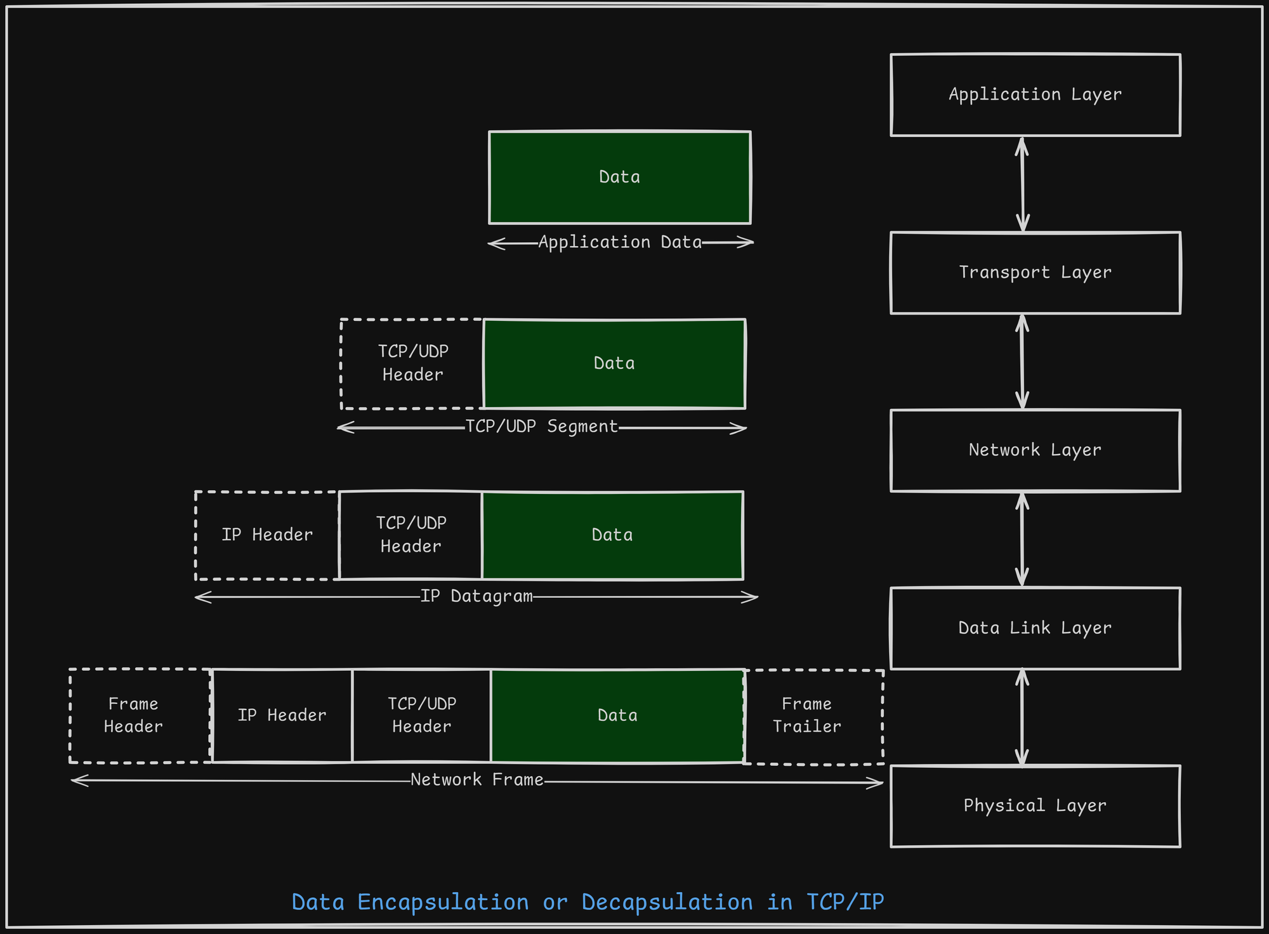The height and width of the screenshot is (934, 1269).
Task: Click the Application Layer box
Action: [x=1035, y=95]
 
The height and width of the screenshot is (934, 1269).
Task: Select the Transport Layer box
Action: [x=1035, y=273]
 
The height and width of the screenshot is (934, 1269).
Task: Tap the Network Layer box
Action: [x=1035, y=450]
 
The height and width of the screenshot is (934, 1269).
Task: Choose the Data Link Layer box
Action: [x=1035, y=628]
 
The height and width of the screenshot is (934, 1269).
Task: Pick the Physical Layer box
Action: [x=1035, y=806]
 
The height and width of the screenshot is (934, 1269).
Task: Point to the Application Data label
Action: [x=620, y=242]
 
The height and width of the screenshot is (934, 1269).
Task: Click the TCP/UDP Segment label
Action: [x=541, y=427]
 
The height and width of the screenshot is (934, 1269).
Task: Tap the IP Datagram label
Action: [x=476, y=597]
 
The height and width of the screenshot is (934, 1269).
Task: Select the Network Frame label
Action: [x=477, y=780]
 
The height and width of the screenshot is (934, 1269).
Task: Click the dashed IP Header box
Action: [x=266, y=535]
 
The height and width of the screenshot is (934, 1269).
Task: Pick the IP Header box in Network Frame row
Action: [x=282, y=715]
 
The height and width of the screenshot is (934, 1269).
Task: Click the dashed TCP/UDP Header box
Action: [x=412, y=363]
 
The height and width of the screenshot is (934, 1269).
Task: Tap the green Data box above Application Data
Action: [x=619, y=178]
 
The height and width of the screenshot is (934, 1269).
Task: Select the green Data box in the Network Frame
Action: [x=617, y=715]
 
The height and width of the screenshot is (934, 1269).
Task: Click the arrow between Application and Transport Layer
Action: [x=1022, y=184]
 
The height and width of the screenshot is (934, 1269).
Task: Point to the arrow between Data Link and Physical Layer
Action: [x=1022, y=717]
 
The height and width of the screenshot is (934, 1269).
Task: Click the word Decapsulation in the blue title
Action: [x=667, y=902]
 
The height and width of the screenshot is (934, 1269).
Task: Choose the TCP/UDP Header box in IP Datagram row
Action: [x=411, y=535]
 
